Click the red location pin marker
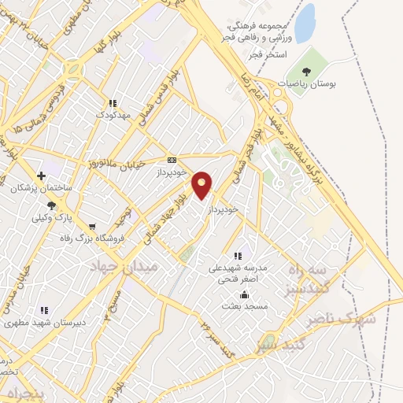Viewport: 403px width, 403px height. (202, 185)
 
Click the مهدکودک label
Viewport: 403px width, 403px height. (112, 115)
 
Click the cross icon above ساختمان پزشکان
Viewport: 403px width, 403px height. (41, 175)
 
